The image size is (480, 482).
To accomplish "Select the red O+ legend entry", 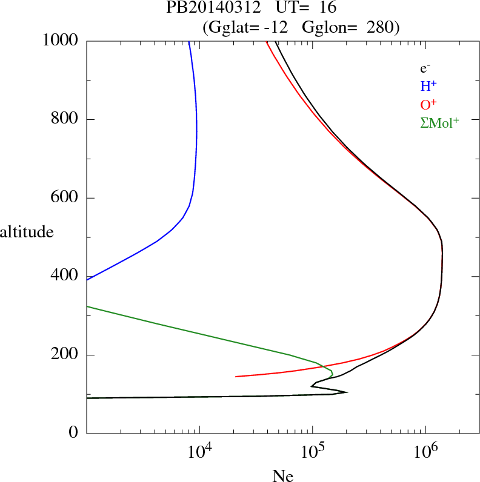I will (428, 104).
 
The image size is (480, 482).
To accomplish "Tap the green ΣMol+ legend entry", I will (439, 122).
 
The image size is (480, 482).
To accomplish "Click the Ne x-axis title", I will (282, 476).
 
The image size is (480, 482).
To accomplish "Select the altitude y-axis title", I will (27, 232).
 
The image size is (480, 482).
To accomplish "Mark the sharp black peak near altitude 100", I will (347, 392).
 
